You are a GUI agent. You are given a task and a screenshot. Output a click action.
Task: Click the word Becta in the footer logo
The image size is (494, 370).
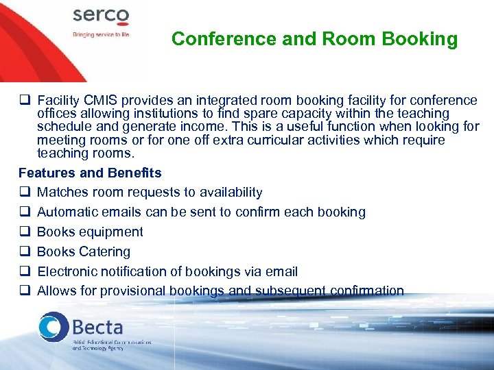97,327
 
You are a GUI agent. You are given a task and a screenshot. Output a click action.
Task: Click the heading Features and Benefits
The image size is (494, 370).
90,173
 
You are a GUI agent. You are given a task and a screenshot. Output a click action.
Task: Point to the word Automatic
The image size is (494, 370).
67,212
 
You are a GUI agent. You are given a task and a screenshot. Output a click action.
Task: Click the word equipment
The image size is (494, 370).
110,232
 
